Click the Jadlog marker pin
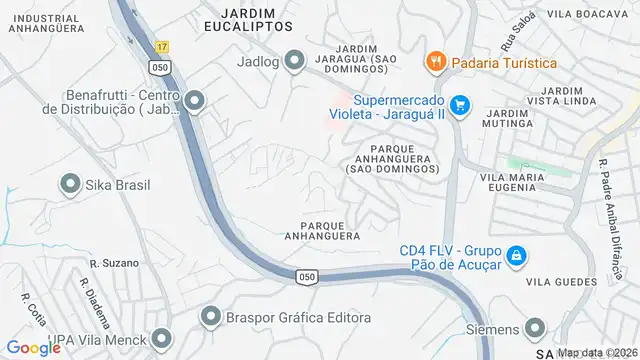tap(294, 62)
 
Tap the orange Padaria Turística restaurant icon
tap(435, 62)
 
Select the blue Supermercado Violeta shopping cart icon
tap(459, 105)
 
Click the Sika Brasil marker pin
tap(70, 184)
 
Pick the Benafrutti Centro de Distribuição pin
tap(194, 100)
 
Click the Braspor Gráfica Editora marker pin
tap(210, 317)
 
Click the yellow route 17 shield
tap(163, 47)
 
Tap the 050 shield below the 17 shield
tap(161, 66)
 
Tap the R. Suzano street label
tap(107, 264)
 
